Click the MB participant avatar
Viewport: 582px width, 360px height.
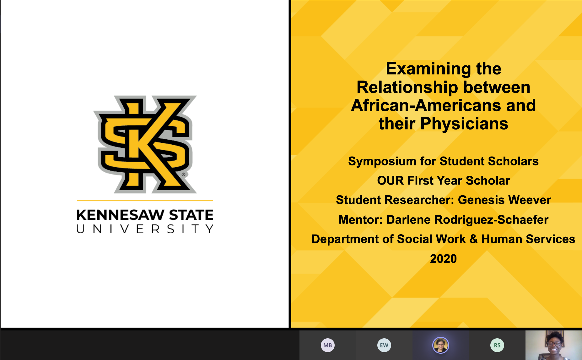(x=327, y=345)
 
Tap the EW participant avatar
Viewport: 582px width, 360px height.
(x=384, y=345)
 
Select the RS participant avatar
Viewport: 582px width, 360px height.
(x=497, y=345)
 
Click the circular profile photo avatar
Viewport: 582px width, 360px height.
(x=440, y=345)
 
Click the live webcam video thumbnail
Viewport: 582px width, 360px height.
(x=554, y=345)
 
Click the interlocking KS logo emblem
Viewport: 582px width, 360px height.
(x=145, y=144)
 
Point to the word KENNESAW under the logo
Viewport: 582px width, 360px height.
(x=121, y=215)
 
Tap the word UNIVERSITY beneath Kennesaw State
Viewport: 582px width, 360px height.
(x=145, y=229)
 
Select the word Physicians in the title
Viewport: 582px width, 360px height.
(x=464, y=124)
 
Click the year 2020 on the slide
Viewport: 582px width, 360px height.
(x=443, y=258)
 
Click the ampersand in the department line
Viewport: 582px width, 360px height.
(x=473, y=239)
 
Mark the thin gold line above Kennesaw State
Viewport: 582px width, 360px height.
(x=145, y=200)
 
